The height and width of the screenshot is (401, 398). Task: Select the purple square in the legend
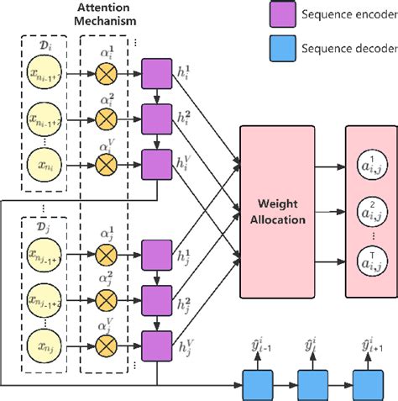[281, 14]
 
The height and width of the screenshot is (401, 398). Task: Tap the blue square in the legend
[281, 48]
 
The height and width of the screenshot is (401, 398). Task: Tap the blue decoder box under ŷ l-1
[257, 385]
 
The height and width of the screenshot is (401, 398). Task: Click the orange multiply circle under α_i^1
[107, 75]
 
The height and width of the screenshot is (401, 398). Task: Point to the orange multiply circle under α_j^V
[107, 343]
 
